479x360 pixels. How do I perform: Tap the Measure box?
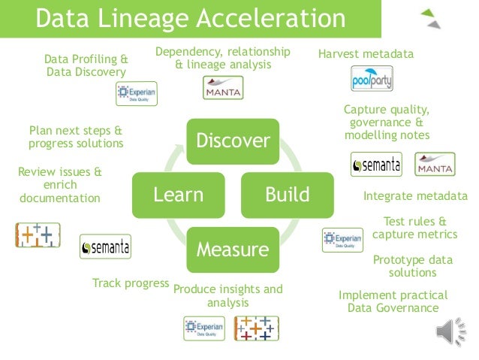(x=232, y=249)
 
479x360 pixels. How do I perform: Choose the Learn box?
(x=178, y=195)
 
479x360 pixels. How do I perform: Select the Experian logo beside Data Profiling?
(x=136, y=93)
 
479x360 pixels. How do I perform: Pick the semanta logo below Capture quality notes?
(x=375, y=164)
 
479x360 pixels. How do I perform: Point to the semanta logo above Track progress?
(x=105, y=246)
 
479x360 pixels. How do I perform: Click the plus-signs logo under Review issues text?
(x=38, y=234)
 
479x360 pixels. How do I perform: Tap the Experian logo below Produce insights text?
(x=203, y=328)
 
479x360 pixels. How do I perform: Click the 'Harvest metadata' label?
(x=366, y=54)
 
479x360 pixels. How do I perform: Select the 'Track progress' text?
(x=130, y=283)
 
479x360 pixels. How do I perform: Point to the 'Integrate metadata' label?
(x=414, y=197)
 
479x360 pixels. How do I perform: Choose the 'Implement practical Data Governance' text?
(x=393, y=301)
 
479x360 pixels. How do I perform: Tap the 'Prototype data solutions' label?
(x=412, y=265)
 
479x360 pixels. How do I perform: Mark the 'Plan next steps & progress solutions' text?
(x=76, y=136)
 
